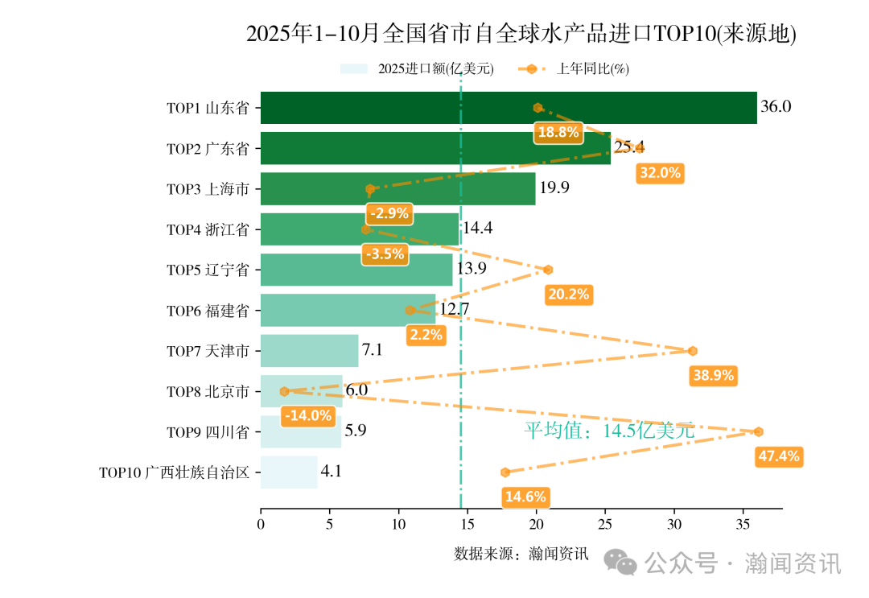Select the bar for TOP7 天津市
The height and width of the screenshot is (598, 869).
click(310, 351)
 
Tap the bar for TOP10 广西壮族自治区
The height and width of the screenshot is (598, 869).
click(289, 472)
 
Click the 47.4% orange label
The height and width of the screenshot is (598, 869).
click(779, 456)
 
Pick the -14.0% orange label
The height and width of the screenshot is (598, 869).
click(307, 416)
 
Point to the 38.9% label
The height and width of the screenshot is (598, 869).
click(713, 376)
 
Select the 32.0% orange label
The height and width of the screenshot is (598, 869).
click(660, 172)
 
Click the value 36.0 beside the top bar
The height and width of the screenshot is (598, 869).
click(776, 106)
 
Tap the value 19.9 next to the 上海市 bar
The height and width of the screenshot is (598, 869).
click(554, 188)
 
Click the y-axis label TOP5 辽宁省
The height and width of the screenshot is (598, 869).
click(208, 270)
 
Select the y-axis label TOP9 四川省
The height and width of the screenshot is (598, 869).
click(208, 432)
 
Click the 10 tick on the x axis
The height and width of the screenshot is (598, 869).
click(398, 525)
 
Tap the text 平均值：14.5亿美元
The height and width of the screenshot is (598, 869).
click(609, 431)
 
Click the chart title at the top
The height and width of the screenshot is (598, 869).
click(521, 35)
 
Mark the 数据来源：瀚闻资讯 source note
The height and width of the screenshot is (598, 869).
click(521, 554)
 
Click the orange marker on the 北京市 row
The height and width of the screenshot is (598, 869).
click(284, 391)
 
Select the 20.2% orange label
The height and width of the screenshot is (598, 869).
click(569, 295)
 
